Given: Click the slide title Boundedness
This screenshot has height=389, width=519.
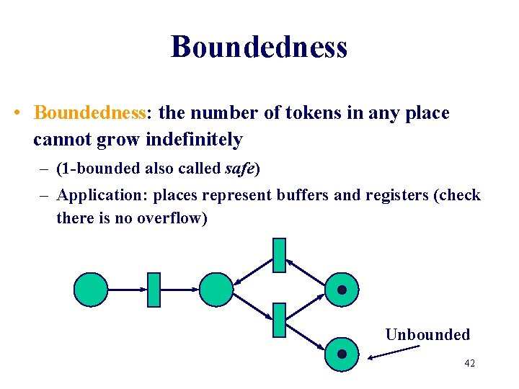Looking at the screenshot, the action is coord(259,47).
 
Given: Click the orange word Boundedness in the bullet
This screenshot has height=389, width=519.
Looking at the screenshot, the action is coord(90,113).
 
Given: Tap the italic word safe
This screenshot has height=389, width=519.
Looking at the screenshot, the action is coord(240,169).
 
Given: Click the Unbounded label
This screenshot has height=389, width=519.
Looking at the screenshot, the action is coord(427,334).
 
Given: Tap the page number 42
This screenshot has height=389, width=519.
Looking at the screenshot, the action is coord(469,364).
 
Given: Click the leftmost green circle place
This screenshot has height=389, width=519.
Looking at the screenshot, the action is coord(91,290).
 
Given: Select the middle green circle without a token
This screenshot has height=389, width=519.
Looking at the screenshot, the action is coord(216,290).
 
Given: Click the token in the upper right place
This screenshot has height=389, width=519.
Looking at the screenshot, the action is coord(342,290).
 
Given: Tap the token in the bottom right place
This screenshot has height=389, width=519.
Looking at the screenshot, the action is coord(342,354).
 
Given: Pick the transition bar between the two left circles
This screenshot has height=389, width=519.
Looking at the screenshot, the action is coord(153,290).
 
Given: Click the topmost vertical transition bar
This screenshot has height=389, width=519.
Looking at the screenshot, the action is coord(279,255).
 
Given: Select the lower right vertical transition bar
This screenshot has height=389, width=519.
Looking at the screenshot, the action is coord(279,321).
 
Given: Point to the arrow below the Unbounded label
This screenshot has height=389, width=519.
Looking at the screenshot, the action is coord(393,352).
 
